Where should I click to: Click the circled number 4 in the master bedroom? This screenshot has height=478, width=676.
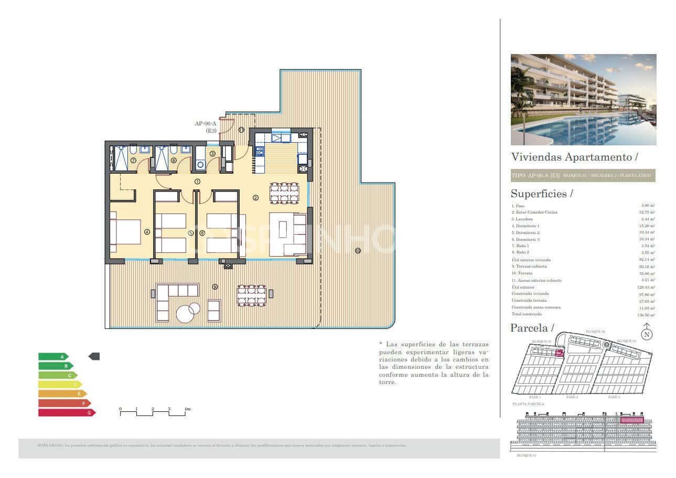147,232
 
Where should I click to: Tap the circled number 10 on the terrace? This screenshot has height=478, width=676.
358,250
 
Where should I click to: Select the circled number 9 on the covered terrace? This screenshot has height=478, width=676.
214,286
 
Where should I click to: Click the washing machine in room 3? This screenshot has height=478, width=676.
200,165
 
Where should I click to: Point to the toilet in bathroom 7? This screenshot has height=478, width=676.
133,150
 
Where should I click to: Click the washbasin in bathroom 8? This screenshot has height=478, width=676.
185,150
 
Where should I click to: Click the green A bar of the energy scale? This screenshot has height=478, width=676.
52,356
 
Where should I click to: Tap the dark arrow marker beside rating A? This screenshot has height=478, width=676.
94,356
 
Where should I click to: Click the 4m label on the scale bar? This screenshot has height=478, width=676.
187,408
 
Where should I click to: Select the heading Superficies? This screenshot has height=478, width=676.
539,194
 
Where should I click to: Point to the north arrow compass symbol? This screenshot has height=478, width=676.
647,332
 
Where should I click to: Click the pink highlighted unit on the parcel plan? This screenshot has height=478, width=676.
559,353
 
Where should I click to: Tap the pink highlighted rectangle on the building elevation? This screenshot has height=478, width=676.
631,420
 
